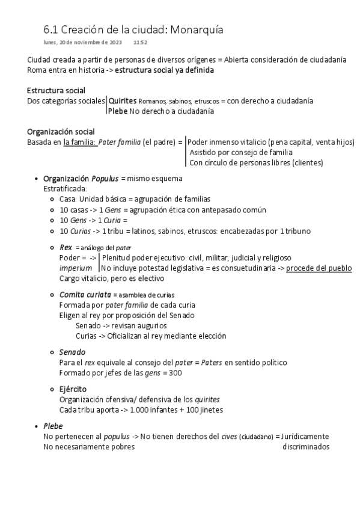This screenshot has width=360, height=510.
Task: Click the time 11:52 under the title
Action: click(141, 43)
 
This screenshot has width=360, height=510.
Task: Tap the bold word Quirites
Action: click(123, 101)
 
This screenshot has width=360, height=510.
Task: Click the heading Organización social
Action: click(60, 132)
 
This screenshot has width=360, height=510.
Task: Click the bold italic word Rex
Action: click(66, 247)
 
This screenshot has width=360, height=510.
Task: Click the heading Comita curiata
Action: click(85, 295)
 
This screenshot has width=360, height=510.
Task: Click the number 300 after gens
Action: click(176, 373)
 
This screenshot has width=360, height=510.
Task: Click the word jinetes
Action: click(210, 410)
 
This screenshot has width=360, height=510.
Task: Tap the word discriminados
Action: click(306, 446)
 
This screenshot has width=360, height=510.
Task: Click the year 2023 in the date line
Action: click(115, 43)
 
